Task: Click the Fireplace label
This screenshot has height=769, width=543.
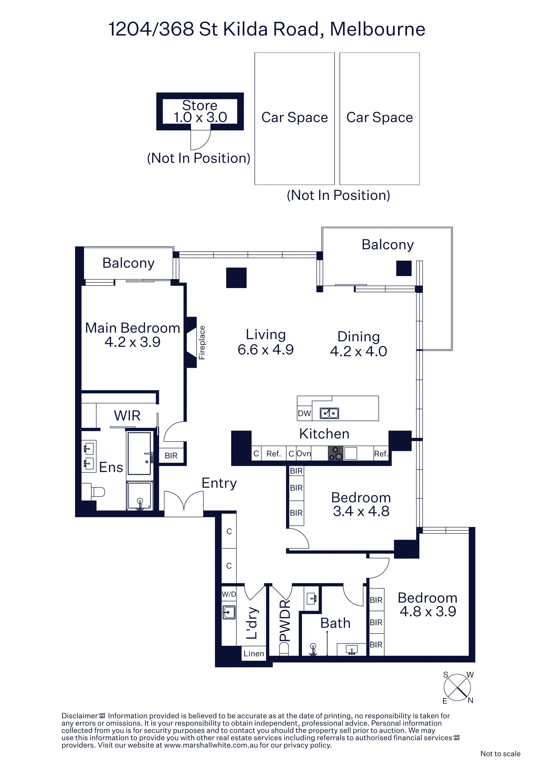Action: click(x=202, y=343)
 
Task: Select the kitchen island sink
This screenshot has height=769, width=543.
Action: click(x=329, y=413)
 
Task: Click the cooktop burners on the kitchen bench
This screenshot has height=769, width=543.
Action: click(x=336, y=454)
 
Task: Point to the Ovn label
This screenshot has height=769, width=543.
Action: click(x=303, y=454)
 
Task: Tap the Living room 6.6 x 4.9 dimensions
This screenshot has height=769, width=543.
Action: click(x=266, y=350)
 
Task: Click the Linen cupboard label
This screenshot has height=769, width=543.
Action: click(x=254, y=653)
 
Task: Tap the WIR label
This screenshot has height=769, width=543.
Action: click(x=127, y=415)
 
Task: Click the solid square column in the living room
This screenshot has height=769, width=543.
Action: click(x=236, y=278)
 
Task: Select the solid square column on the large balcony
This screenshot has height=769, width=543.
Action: click(x=404, y=268)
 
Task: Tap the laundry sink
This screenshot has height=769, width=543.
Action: click(x=229, y=612)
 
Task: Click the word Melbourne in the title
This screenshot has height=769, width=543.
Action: click(x=377, y=29)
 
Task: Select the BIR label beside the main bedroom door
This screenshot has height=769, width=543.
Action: click(x=171, y=456)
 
